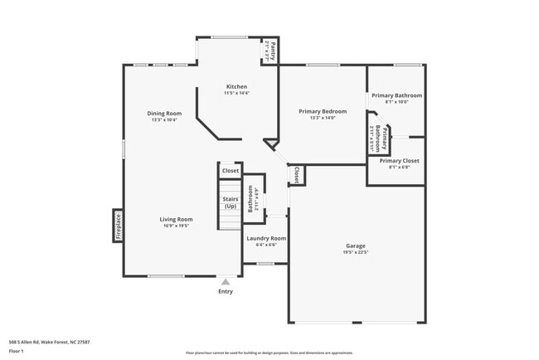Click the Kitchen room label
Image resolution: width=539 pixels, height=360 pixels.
click(x=236, y=86)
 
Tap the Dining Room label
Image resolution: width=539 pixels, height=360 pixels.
click(x=164, y=113)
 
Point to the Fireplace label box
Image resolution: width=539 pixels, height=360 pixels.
click(x=118, y=226)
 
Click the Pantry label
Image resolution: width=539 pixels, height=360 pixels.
click(x=270, y=51)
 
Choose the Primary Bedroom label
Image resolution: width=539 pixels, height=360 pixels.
click(x=323, y=111)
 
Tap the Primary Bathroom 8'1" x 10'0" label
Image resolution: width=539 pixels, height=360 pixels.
click(x=396, y=95)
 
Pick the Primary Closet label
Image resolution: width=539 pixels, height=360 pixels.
click(x=399, y=160)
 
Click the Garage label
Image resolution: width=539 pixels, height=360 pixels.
click(x=356, y=246)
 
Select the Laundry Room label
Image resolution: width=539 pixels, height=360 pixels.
click(x=266, y=238)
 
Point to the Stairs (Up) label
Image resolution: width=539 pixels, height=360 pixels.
click(x=230, y=202)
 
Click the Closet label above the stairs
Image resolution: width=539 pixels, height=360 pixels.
click(x=230, y=171)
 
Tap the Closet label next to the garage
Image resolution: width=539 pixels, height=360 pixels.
click(x=296, y=174)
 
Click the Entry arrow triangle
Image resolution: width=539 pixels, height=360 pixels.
click(x=225, y=282)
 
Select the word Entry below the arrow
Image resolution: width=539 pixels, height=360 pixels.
click(x=225, y=291)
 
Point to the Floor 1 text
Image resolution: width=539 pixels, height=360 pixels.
click(x=17, y=351)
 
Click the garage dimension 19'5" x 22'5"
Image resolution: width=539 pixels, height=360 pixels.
click(x=356, y=252)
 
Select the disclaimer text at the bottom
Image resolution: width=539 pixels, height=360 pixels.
click(x=269, y=353)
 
